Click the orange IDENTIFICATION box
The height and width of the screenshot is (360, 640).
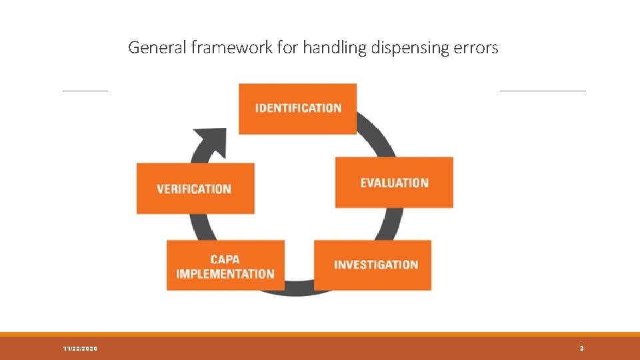click(x=298, y=108)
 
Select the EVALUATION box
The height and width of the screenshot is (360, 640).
click(x=394, y=183)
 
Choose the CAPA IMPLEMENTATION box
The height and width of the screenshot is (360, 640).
click(x=225, y=265)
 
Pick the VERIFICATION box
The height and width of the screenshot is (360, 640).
click(x=195, y=189)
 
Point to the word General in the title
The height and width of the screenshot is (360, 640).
click(x=153, y=48)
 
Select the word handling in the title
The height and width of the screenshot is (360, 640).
click(x=327, y=48)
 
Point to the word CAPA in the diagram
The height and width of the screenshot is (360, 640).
click(x=225, y=259)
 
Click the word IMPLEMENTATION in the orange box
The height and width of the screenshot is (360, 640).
click(x=225, y=273)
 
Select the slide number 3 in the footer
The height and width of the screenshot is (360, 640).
click(x=581, y=349)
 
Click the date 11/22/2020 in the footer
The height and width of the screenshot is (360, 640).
click(x=79, y=349)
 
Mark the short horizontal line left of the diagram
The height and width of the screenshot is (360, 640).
click(x=85, y=91)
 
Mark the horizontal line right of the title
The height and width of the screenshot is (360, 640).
click(x=542, y=91)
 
